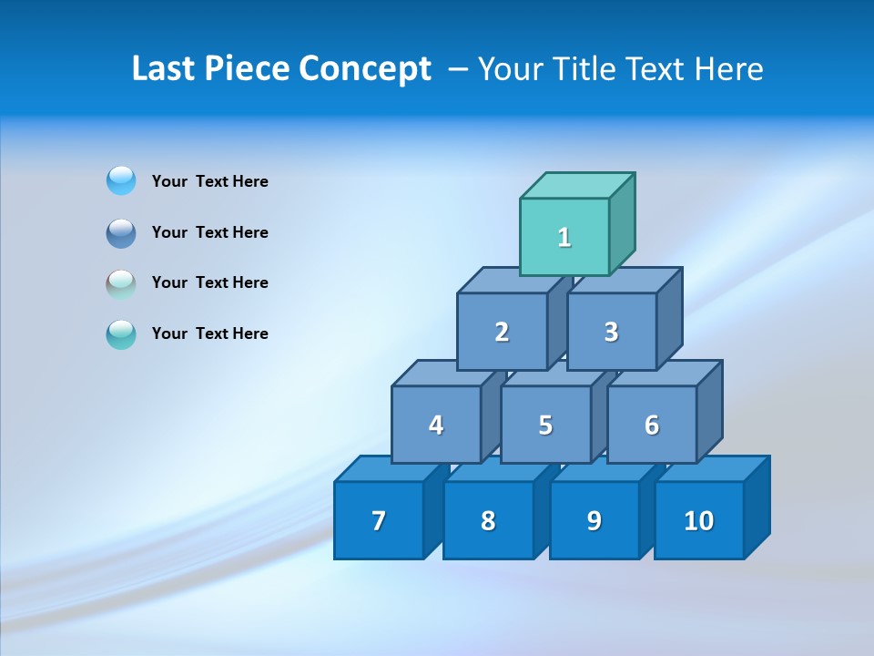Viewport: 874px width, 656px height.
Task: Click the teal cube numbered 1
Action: pos(564,237)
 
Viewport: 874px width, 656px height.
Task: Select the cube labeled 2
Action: pos(502,332)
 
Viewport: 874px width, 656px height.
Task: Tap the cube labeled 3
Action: pos(611,332)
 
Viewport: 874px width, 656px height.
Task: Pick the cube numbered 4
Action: pos(436,425)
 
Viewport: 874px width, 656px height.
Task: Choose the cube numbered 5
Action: pos(545,425)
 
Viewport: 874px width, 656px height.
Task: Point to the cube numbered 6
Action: pos(652,425)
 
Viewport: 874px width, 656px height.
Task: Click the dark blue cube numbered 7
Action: pos(379,520)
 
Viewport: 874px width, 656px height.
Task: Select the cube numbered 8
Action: pos(488,520)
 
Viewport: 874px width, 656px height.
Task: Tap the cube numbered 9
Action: pos(594,520)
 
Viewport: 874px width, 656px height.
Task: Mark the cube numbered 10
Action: pos(698,520)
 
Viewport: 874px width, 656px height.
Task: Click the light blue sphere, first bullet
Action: pos(121,181)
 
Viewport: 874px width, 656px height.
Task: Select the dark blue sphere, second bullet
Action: pos(121,232)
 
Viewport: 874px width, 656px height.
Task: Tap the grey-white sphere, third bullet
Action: pos(121,283)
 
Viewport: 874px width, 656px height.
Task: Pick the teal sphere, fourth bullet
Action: pos(121,334)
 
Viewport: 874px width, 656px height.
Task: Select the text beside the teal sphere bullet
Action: pos(210,333)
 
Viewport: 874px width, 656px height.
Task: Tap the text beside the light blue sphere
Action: pos(210,181)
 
